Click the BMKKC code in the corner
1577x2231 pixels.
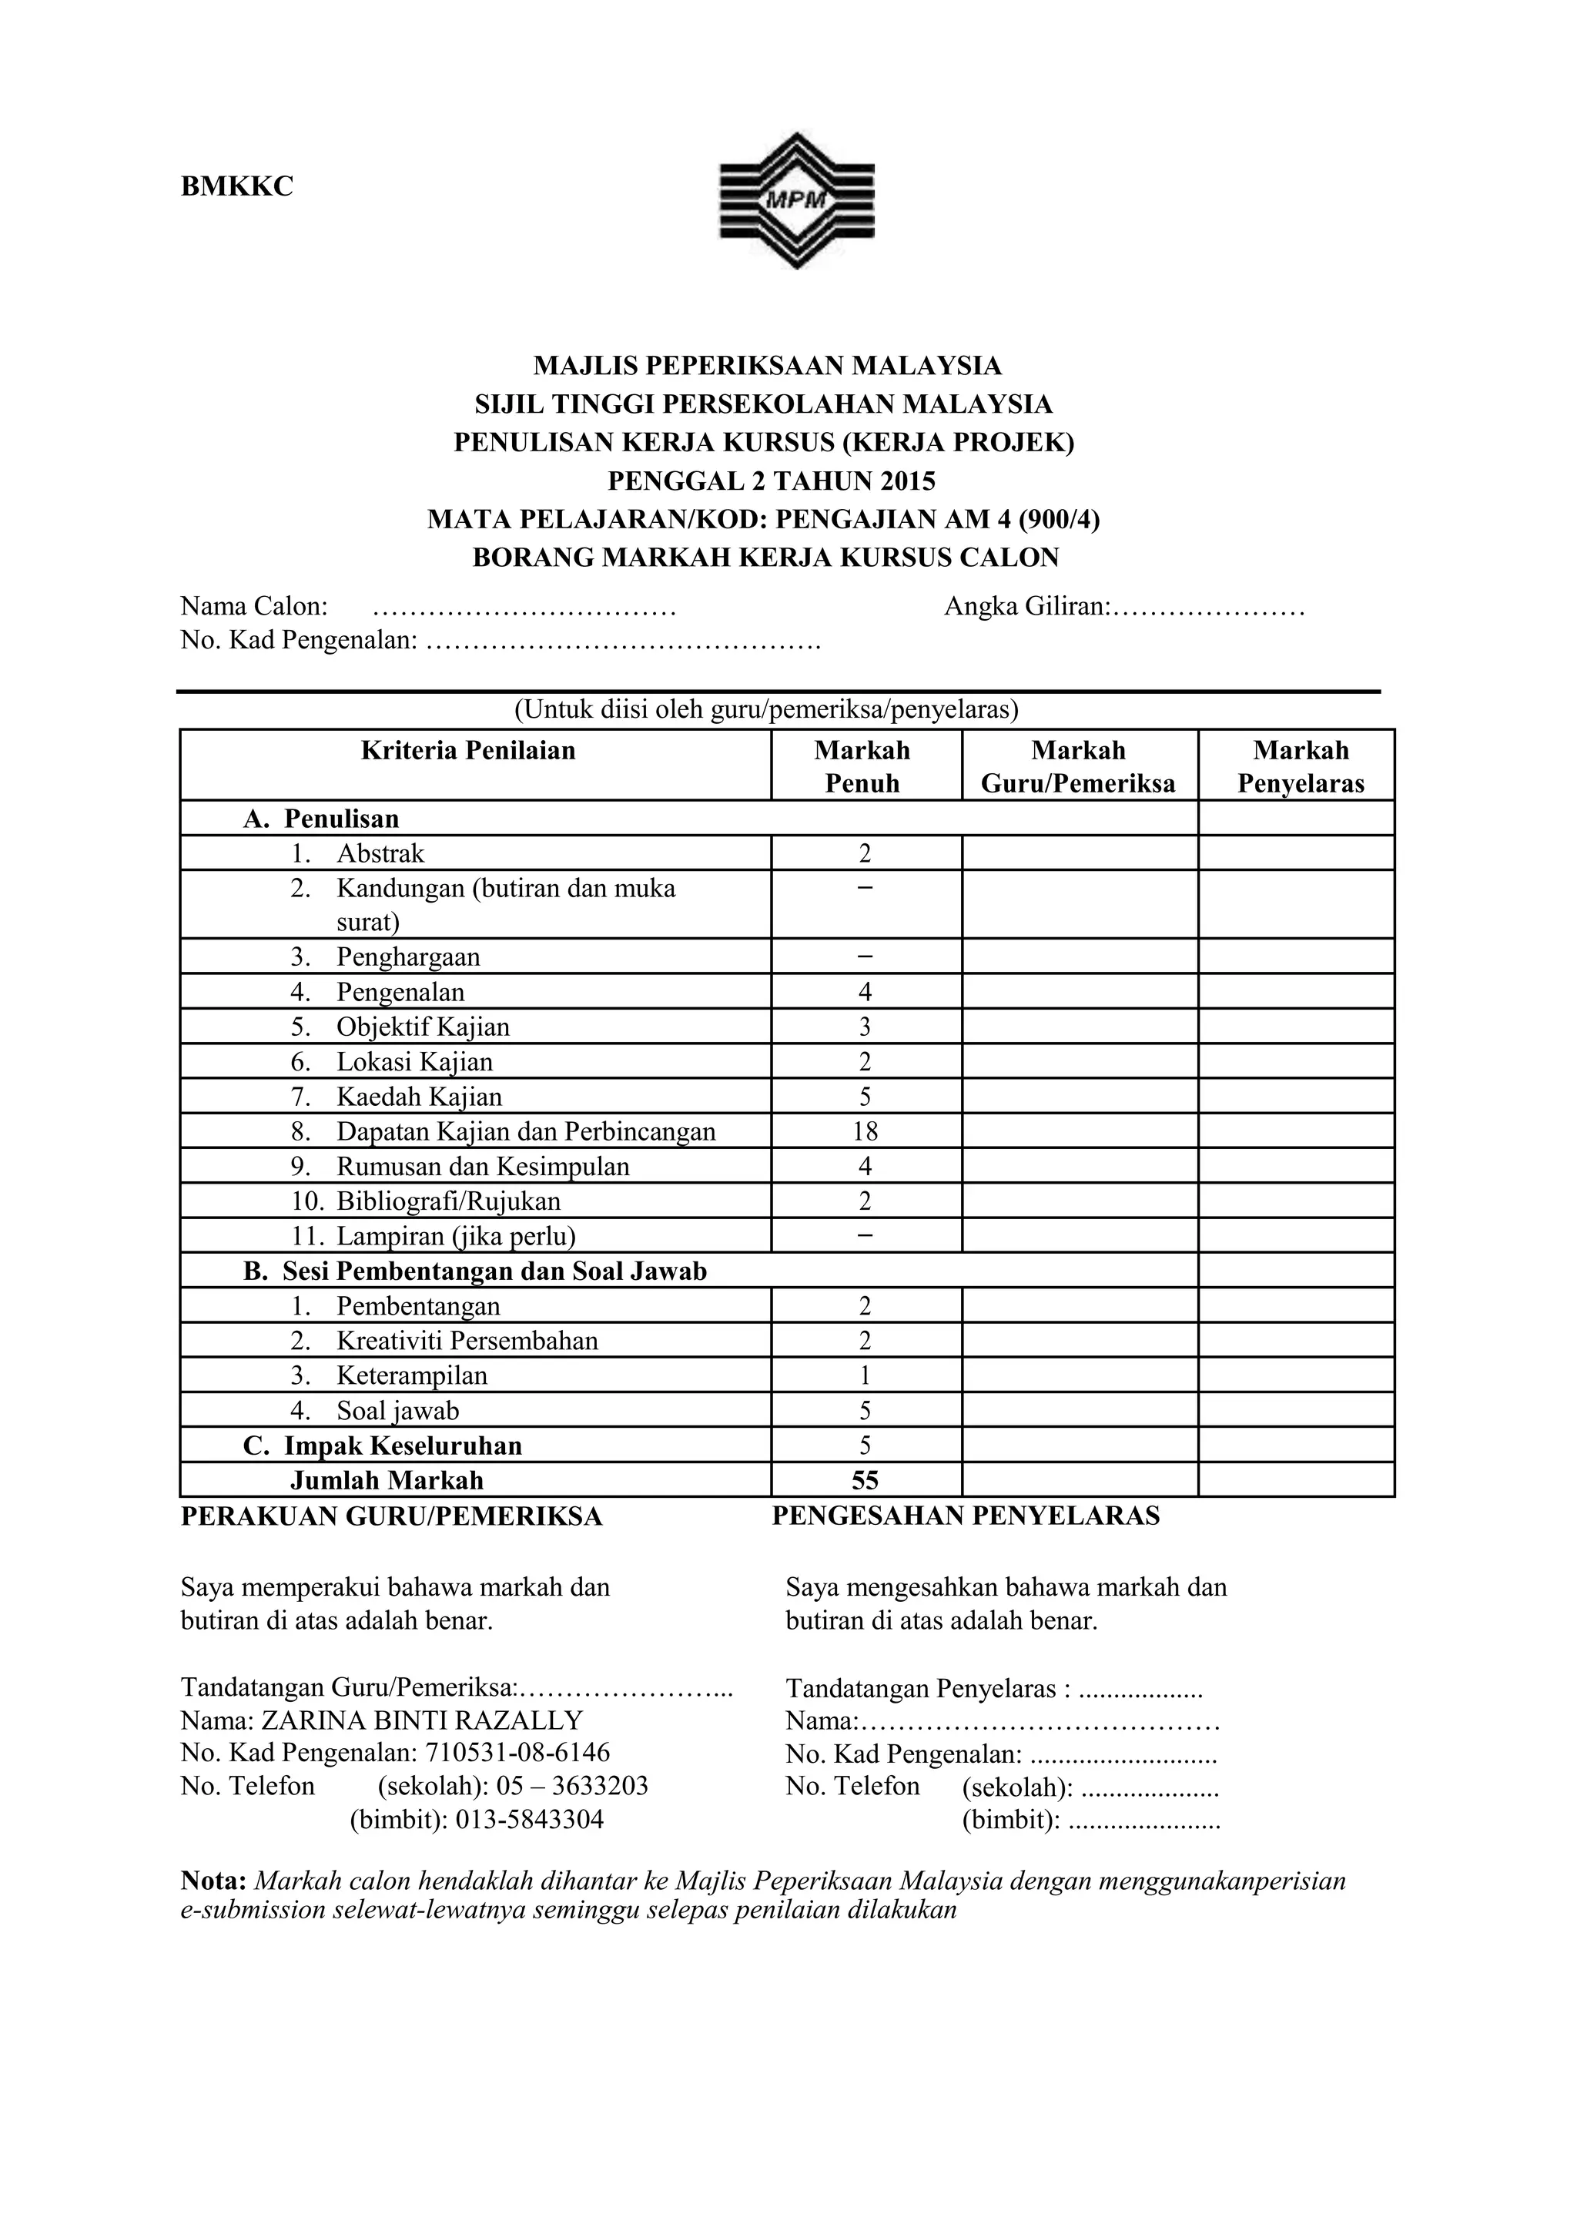point(237,186)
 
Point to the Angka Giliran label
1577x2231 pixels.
point(1027,608)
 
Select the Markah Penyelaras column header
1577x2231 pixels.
point(1300,767)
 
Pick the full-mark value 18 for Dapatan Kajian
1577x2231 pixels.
point(864,1132)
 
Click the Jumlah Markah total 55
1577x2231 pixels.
point(864,1481)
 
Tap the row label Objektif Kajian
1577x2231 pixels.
point(423,1027)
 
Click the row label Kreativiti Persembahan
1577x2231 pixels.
point(467,1341)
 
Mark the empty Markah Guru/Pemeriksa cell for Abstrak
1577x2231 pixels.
point(1079,854)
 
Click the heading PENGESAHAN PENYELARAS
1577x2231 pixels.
point(966,1517)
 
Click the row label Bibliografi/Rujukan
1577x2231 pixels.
point(448,1202)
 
